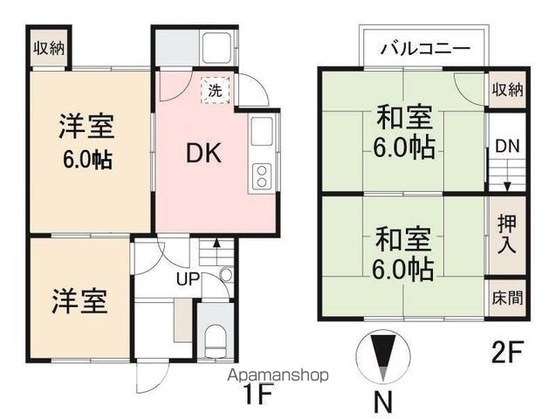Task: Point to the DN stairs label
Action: pos(507,148)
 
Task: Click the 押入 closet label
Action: pos(507,235)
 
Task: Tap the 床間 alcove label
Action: pos(507,298)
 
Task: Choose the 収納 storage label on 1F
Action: pos(49,49)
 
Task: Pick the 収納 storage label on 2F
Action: pos(507,90)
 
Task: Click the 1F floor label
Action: pos(259,393)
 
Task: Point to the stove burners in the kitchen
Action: pos(262,175)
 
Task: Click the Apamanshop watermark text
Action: pos(277,375)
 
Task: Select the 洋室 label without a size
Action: pos(77,301)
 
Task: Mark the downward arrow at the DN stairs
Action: pos(507,184)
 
